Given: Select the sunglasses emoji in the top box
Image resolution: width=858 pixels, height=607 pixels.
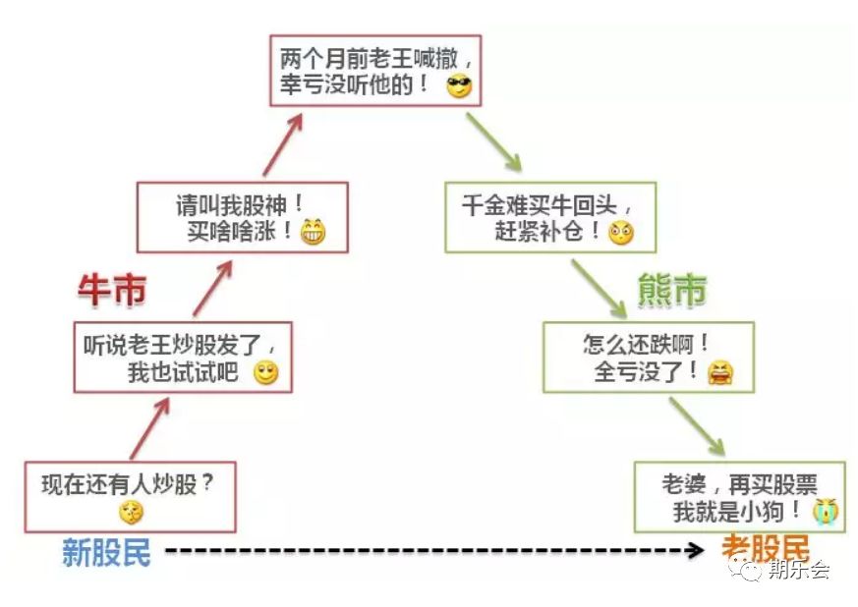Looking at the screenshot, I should pyautogui.click(x=459, y=86).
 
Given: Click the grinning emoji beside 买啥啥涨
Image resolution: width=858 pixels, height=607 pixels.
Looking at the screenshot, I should pyautogui.click(x=314, y=233).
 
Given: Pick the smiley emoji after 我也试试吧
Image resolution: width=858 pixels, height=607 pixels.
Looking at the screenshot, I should pyautogui.click(x=266, y=373).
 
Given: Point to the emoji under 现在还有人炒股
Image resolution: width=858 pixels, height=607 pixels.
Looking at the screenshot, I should pyautogui.click(x=131, y=511).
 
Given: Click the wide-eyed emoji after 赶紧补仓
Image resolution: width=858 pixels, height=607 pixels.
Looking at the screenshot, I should pyautogui.click(x=620, y=233).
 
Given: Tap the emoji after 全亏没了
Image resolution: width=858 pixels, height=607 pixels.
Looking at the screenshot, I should pyautogui.click(x=719, y=372).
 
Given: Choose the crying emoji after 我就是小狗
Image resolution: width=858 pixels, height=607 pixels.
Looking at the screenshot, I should pyautogui.click(x=825, y=510).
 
